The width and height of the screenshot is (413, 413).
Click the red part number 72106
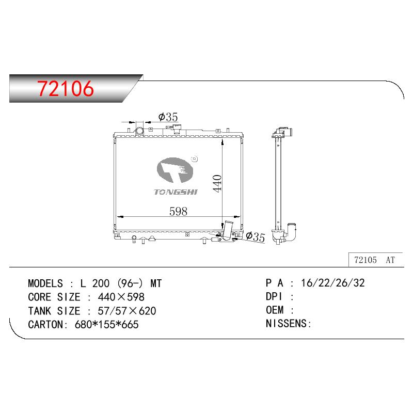66,88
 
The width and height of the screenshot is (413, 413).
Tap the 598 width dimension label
178,211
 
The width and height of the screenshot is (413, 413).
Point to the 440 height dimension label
217,183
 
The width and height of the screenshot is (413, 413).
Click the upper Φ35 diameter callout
168,117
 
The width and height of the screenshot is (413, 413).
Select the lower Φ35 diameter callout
255,236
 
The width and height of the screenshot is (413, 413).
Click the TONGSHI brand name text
176,192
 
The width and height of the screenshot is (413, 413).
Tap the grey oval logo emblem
175,170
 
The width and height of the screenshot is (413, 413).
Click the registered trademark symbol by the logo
195,159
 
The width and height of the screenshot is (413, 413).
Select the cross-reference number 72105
366,260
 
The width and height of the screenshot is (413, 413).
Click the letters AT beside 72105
390,260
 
